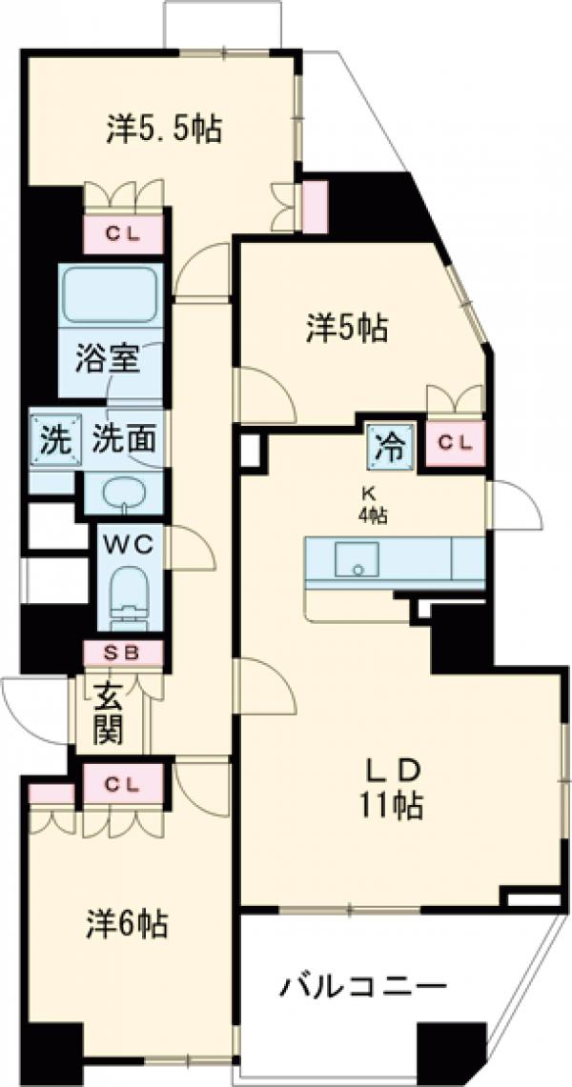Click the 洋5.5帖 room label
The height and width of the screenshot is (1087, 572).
point(164,129)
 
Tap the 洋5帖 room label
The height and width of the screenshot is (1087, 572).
point(346,329)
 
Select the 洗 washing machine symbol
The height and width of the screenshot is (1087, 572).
point(53,441)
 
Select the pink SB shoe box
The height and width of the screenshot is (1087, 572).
point(124,654)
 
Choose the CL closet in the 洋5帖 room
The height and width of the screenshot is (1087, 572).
point(455,441)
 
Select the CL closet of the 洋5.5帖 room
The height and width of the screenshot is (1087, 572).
point(123,232)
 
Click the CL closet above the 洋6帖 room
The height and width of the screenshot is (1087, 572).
point(123,785)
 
